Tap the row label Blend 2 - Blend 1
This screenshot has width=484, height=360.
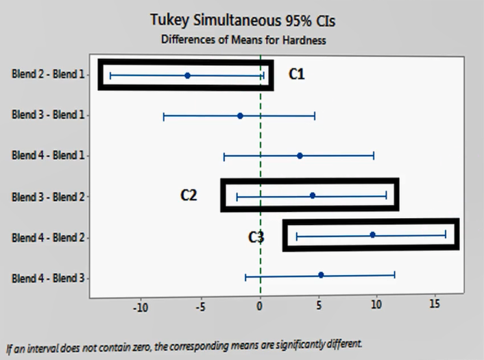(x=48, y=74)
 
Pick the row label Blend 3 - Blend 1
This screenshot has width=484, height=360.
(x=48, y=115)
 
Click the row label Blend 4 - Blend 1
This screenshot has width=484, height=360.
(x=48, y=155)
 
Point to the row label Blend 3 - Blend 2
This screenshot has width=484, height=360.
(x=48, y=197)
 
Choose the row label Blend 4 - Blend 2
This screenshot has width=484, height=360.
(x=48, y=237)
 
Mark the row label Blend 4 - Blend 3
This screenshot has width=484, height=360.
(x=48, y=278)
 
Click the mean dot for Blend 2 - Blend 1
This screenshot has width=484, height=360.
(x=187, y=75)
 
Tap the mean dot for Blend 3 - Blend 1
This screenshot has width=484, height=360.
(x=240, y=116)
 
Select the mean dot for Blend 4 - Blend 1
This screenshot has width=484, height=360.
(x=300, y=156)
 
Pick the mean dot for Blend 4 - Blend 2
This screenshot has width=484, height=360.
(x=372, y=235)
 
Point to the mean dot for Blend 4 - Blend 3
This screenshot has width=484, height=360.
(x=321, y=275)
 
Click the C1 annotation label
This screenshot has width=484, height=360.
(x=296, y=74)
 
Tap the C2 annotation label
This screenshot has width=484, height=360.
(x=189, y=195)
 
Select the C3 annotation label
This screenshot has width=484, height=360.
(x=256, y=237)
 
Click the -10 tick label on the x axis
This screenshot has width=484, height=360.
(x=140, y=307)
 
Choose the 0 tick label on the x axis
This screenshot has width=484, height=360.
(x=260, y=307)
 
